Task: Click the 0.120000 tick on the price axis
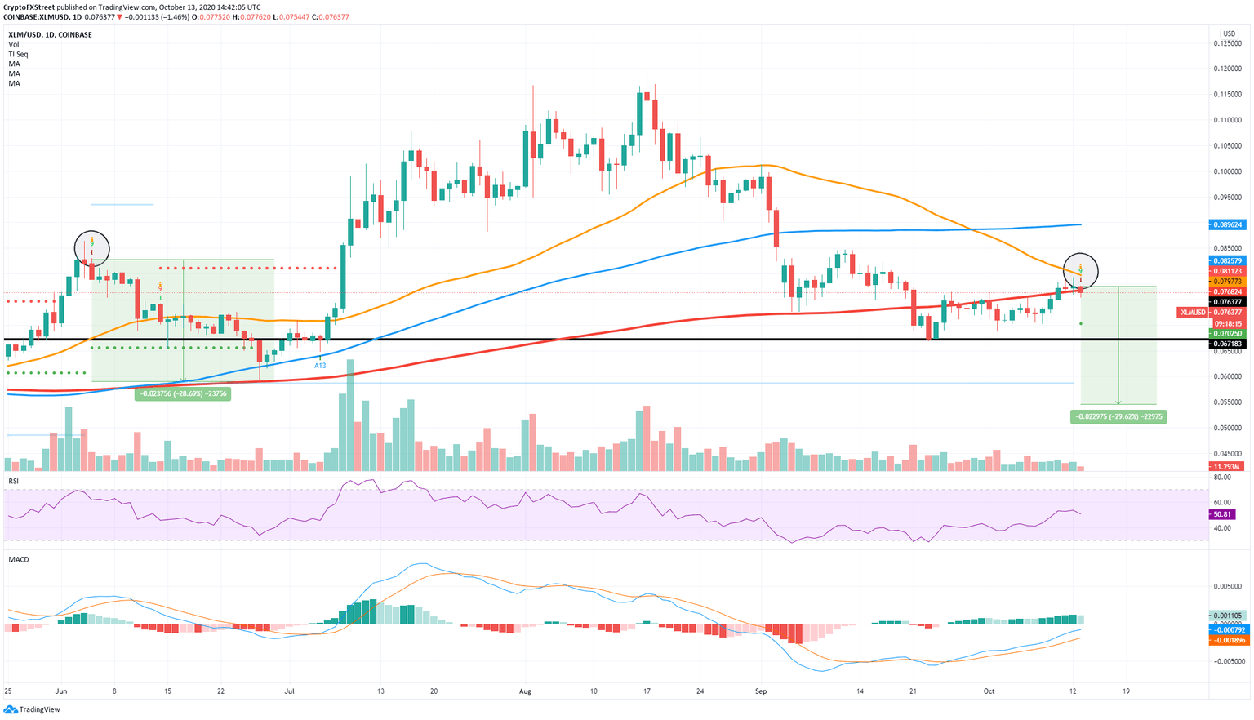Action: coord(1228,69)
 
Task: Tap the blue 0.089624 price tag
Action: coord(1228,224)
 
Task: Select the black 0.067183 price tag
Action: coord(1228,344)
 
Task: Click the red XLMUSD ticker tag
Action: coord(1192,313)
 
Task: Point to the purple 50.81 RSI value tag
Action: coord(1222,515)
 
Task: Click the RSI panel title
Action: coord(14,482)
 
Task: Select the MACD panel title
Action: coord(19,559)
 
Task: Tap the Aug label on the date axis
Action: coord(525,691)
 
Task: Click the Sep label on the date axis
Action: coord(761,691)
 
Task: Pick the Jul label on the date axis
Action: coord(289,691)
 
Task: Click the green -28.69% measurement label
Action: coord(182,393)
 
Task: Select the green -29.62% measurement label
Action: coord(1118,416)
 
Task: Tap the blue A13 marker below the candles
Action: coord(320,366)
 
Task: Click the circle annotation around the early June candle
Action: coord(91,247)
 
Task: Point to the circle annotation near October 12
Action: coord(1080,269)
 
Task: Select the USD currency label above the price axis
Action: coord(1229,33)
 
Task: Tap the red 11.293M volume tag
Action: coord(1228,467)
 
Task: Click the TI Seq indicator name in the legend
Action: coord(18,54)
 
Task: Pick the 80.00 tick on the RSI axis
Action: coord(1222,477)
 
